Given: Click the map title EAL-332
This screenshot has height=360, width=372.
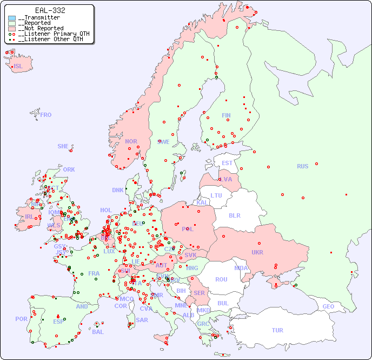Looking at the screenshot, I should tap(50, 10).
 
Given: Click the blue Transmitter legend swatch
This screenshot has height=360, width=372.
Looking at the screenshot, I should tap(12, 18).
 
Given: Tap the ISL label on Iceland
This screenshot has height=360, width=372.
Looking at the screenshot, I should tap(18, 67).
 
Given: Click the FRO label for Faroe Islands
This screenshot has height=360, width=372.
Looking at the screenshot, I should tap(46, 115).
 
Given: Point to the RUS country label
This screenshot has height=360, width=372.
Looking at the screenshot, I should tap(302, 166).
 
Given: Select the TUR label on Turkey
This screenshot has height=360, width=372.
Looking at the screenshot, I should tap(277, 330).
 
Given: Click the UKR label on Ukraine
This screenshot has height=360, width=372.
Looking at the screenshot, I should tap(257, 252).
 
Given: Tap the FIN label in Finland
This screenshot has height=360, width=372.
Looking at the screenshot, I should tap(226, 115).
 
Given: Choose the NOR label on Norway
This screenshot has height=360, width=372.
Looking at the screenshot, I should tap(131, 141).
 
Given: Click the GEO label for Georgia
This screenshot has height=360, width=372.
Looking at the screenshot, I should tap(328, 306).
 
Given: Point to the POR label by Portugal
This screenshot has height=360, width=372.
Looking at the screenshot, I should tap(21, 319).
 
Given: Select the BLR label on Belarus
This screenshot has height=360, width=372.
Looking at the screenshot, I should tap(235, 215).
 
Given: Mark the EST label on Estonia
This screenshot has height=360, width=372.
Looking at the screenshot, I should tap(227, 163).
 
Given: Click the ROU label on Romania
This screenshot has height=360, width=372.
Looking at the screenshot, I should tap(221, 279).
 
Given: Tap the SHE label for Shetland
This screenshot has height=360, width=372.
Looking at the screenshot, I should tap(63, 146).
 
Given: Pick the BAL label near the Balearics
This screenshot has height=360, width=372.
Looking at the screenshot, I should tap(97, 332).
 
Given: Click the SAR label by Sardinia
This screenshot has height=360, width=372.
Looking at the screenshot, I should tap(142, 320).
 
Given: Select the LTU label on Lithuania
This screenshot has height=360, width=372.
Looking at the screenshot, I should tap(216, 195).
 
